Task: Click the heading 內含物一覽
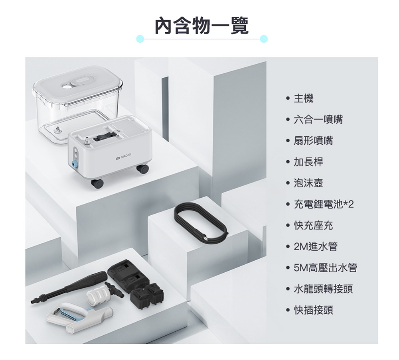coord(201,26)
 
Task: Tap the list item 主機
coord(304,98)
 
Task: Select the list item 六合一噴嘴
coord(318,120)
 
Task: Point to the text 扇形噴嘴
coord(313,141)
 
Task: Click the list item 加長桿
coord(308,162)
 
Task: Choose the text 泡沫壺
coord(308,183)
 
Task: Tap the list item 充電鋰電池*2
coord(324,204)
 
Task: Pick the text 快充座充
coord(313,225)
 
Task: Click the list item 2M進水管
coord(316,246)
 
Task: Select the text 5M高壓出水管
coord(326,268)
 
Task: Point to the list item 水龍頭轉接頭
coord(323,289)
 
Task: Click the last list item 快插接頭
coord(313,310)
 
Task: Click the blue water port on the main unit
coord(75,164)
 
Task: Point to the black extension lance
coord(69,288)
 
